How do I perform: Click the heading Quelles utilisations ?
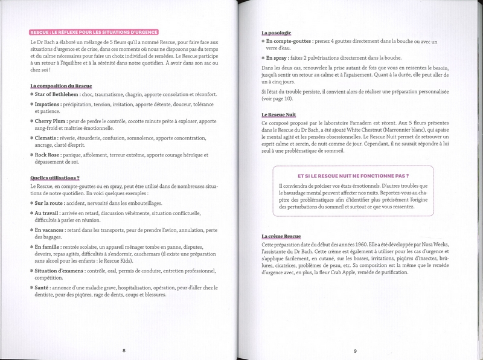pos(54,178)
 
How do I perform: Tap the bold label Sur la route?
pos(51,205)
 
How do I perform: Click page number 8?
pos(123,350)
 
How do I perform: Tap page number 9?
pos(356,350)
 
